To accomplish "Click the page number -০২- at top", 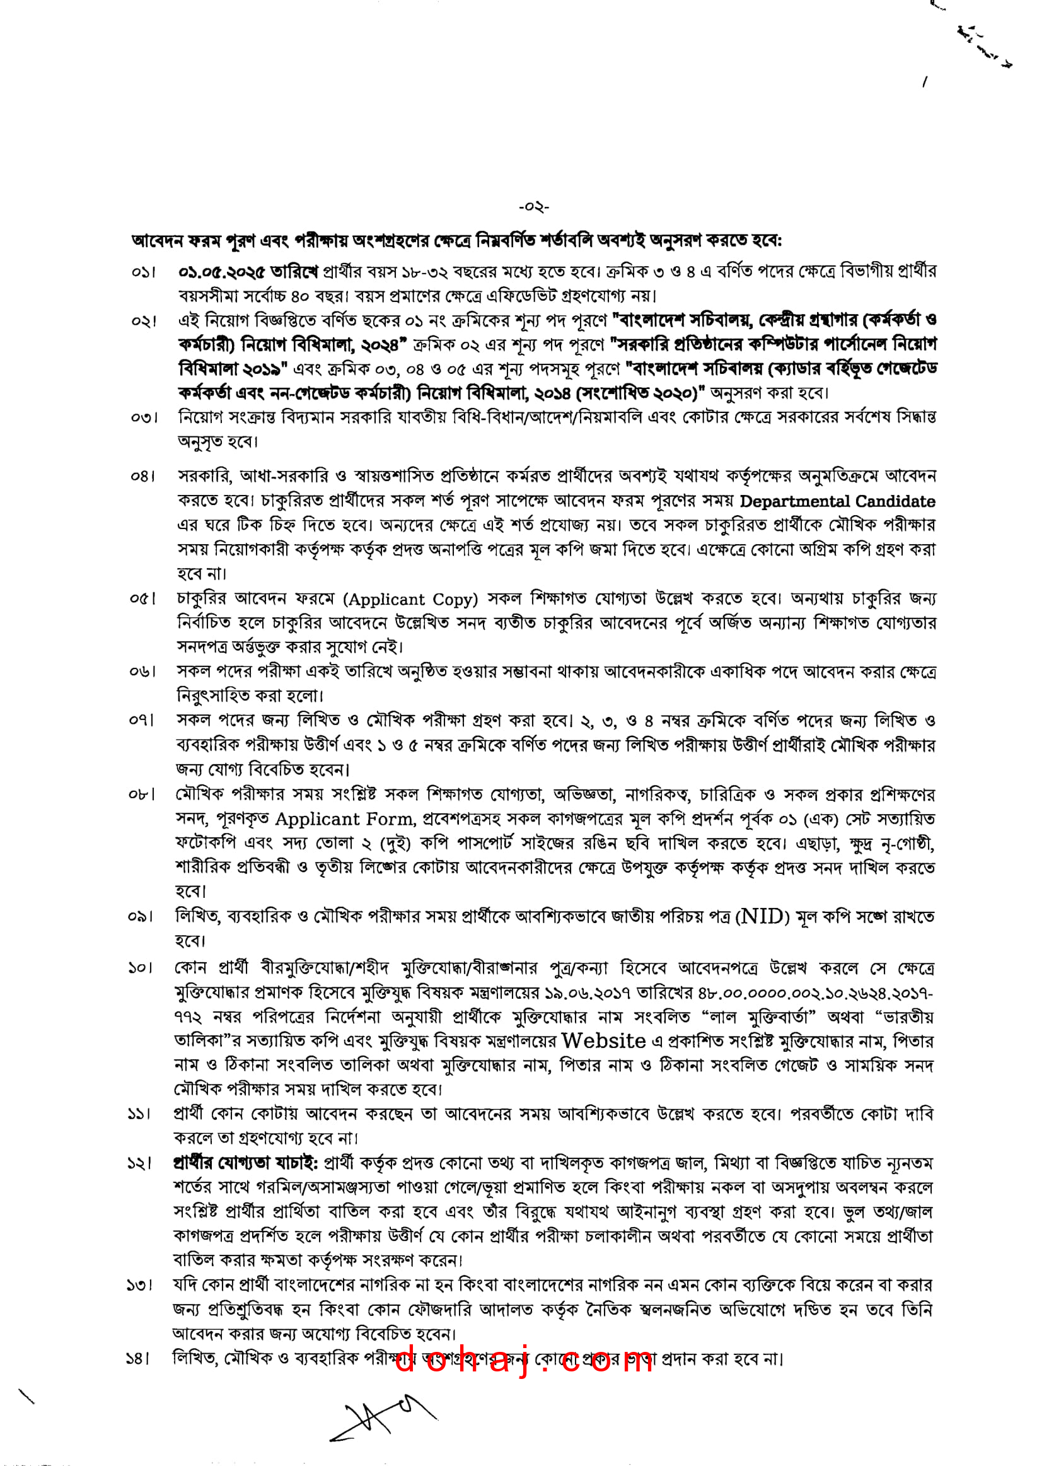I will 533,207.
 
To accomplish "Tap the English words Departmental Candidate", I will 837,501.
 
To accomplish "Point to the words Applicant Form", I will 345,819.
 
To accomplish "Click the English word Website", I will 603,1042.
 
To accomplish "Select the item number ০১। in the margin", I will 143,272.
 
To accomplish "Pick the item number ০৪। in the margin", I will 142,477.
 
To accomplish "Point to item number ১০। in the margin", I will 140,969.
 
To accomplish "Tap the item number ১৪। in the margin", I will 138,1359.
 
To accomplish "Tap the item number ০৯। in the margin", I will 141,917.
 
